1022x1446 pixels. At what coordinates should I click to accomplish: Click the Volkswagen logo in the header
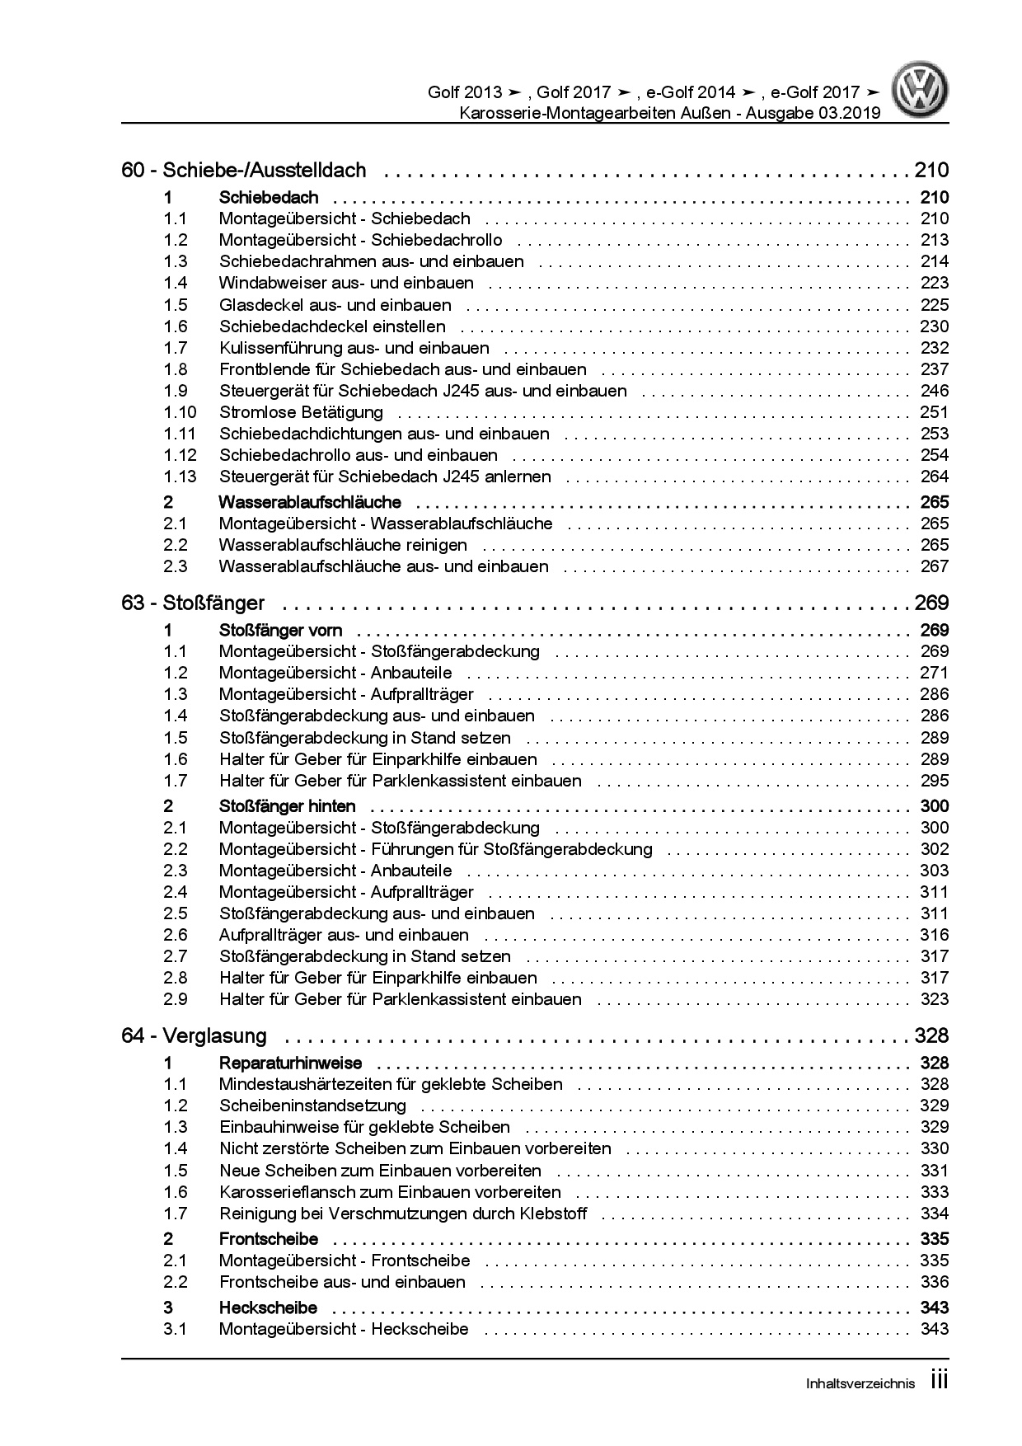[922, 91]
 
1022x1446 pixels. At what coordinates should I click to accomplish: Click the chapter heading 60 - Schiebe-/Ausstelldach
[243, 171]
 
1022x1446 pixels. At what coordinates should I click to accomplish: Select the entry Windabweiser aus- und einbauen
[346, 283]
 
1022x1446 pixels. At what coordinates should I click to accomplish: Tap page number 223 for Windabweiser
[934, 283]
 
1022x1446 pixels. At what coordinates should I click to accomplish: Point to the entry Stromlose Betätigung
[301, 412]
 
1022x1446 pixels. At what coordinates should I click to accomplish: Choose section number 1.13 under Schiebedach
[180, 477]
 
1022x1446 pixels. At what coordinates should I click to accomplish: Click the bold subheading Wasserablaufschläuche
[310, 502]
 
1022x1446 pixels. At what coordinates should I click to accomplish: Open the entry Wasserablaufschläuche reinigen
[343, 545]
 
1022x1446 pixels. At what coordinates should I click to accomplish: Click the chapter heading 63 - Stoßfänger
[193, 603]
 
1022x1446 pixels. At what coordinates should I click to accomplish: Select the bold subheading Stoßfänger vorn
[281, 631]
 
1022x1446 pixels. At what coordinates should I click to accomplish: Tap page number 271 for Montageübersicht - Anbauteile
[934, 673]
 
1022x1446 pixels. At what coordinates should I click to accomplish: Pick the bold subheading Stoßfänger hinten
[288, 806]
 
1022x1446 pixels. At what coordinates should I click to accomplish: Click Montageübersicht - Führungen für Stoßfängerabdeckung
[435, 849]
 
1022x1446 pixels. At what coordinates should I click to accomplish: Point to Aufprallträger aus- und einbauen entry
[344, 935]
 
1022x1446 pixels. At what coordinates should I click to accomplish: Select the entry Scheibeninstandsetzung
[312, 1106]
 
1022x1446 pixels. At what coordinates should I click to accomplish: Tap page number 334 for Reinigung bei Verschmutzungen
[934, 1214]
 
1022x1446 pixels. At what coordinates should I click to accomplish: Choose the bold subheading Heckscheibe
[268, 1308]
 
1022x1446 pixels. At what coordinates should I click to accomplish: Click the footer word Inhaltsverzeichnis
[860, 1384]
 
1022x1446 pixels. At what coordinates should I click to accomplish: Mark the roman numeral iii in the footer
[939, 1382]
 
